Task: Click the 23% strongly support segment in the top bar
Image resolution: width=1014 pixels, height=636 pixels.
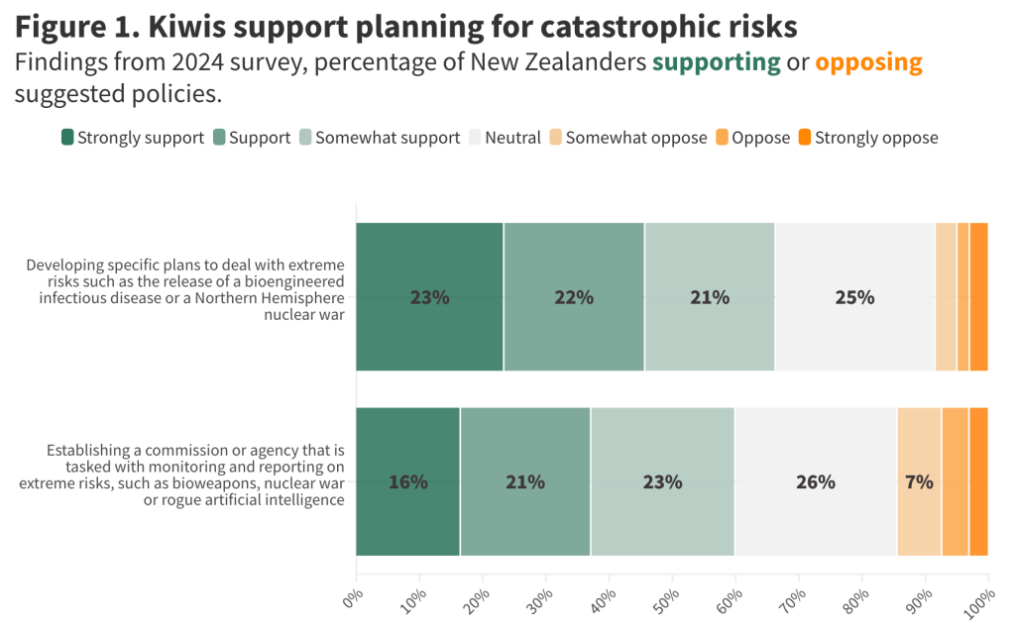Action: [429, 297]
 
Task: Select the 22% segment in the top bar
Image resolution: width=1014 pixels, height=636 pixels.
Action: [573, 297]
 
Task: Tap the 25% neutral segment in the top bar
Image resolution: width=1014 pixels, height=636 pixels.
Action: [854, 297]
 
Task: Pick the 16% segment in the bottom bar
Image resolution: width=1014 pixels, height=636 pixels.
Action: [407, 482]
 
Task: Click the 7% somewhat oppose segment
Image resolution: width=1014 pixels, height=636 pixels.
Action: [919, 482]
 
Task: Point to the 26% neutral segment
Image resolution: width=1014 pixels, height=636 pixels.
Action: [815, 482]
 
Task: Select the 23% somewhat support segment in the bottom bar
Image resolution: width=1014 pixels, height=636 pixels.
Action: [662, 482]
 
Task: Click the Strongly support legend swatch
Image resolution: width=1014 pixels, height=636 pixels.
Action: [67, 138]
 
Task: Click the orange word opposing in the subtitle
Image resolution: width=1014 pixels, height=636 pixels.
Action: [868, 62]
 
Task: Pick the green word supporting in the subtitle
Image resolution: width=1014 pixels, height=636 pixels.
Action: [716, 62]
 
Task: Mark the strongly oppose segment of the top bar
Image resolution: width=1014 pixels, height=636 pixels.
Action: [978, 297]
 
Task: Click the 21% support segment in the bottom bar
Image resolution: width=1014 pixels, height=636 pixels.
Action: [524, 482]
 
